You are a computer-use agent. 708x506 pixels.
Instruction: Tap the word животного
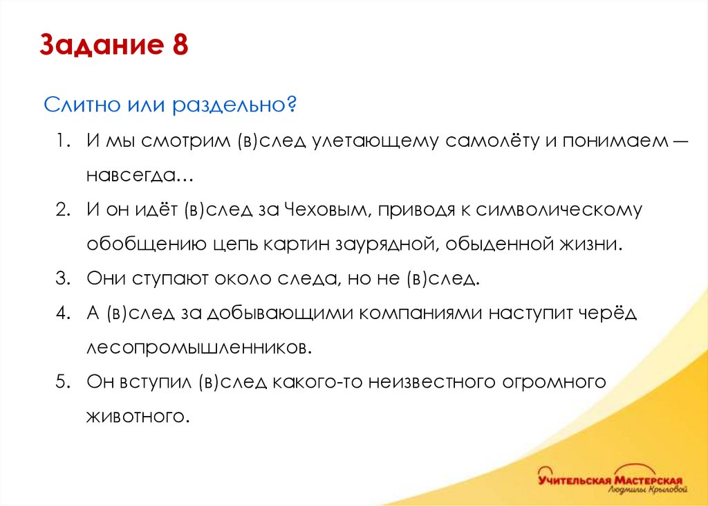(138, 416)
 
